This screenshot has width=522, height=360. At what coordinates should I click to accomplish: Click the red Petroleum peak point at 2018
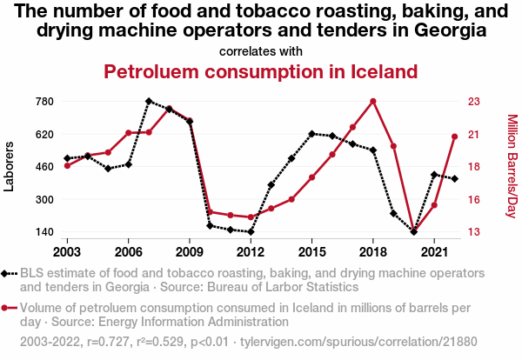[372, 101]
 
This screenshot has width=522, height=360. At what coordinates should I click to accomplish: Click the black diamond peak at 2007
[149, 101]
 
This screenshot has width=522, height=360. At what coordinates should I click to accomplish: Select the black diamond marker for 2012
[251, 232]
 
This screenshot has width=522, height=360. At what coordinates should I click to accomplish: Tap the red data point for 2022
[454, 136]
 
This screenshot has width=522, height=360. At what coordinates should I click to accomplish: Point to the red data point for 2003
[67, 165]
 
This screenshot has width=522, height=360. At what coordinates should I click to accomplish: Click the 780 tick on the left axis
[44, 101]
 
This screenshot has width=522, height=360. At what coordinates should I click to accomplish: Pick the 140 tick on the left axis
[44, 232]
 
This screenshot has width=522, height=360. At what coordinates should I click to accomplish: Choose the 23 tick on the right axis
[473, 101]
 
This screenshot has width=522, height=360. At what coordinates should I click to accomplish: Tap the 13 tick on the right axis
[473, 232]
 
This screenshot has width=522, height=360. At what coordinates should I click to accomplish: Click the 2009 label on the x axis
[190, 251]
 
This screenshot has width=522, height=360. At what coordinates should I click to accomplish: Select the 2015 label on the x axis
[311, 251]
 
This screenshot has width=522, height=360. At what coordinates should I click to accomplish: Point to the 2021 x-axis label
[433, 251]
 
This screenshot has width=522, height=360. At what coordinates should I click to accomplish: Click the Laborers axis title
[10, 167]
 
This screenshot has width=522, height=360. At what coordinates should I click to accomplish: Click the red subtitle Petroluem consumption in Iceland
[260, 71]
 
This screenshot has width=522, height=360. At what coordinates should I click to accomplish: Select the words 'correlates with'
[260, 50]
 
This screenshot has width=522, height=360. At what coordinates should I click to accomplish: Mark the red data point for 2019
[393, 146]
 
